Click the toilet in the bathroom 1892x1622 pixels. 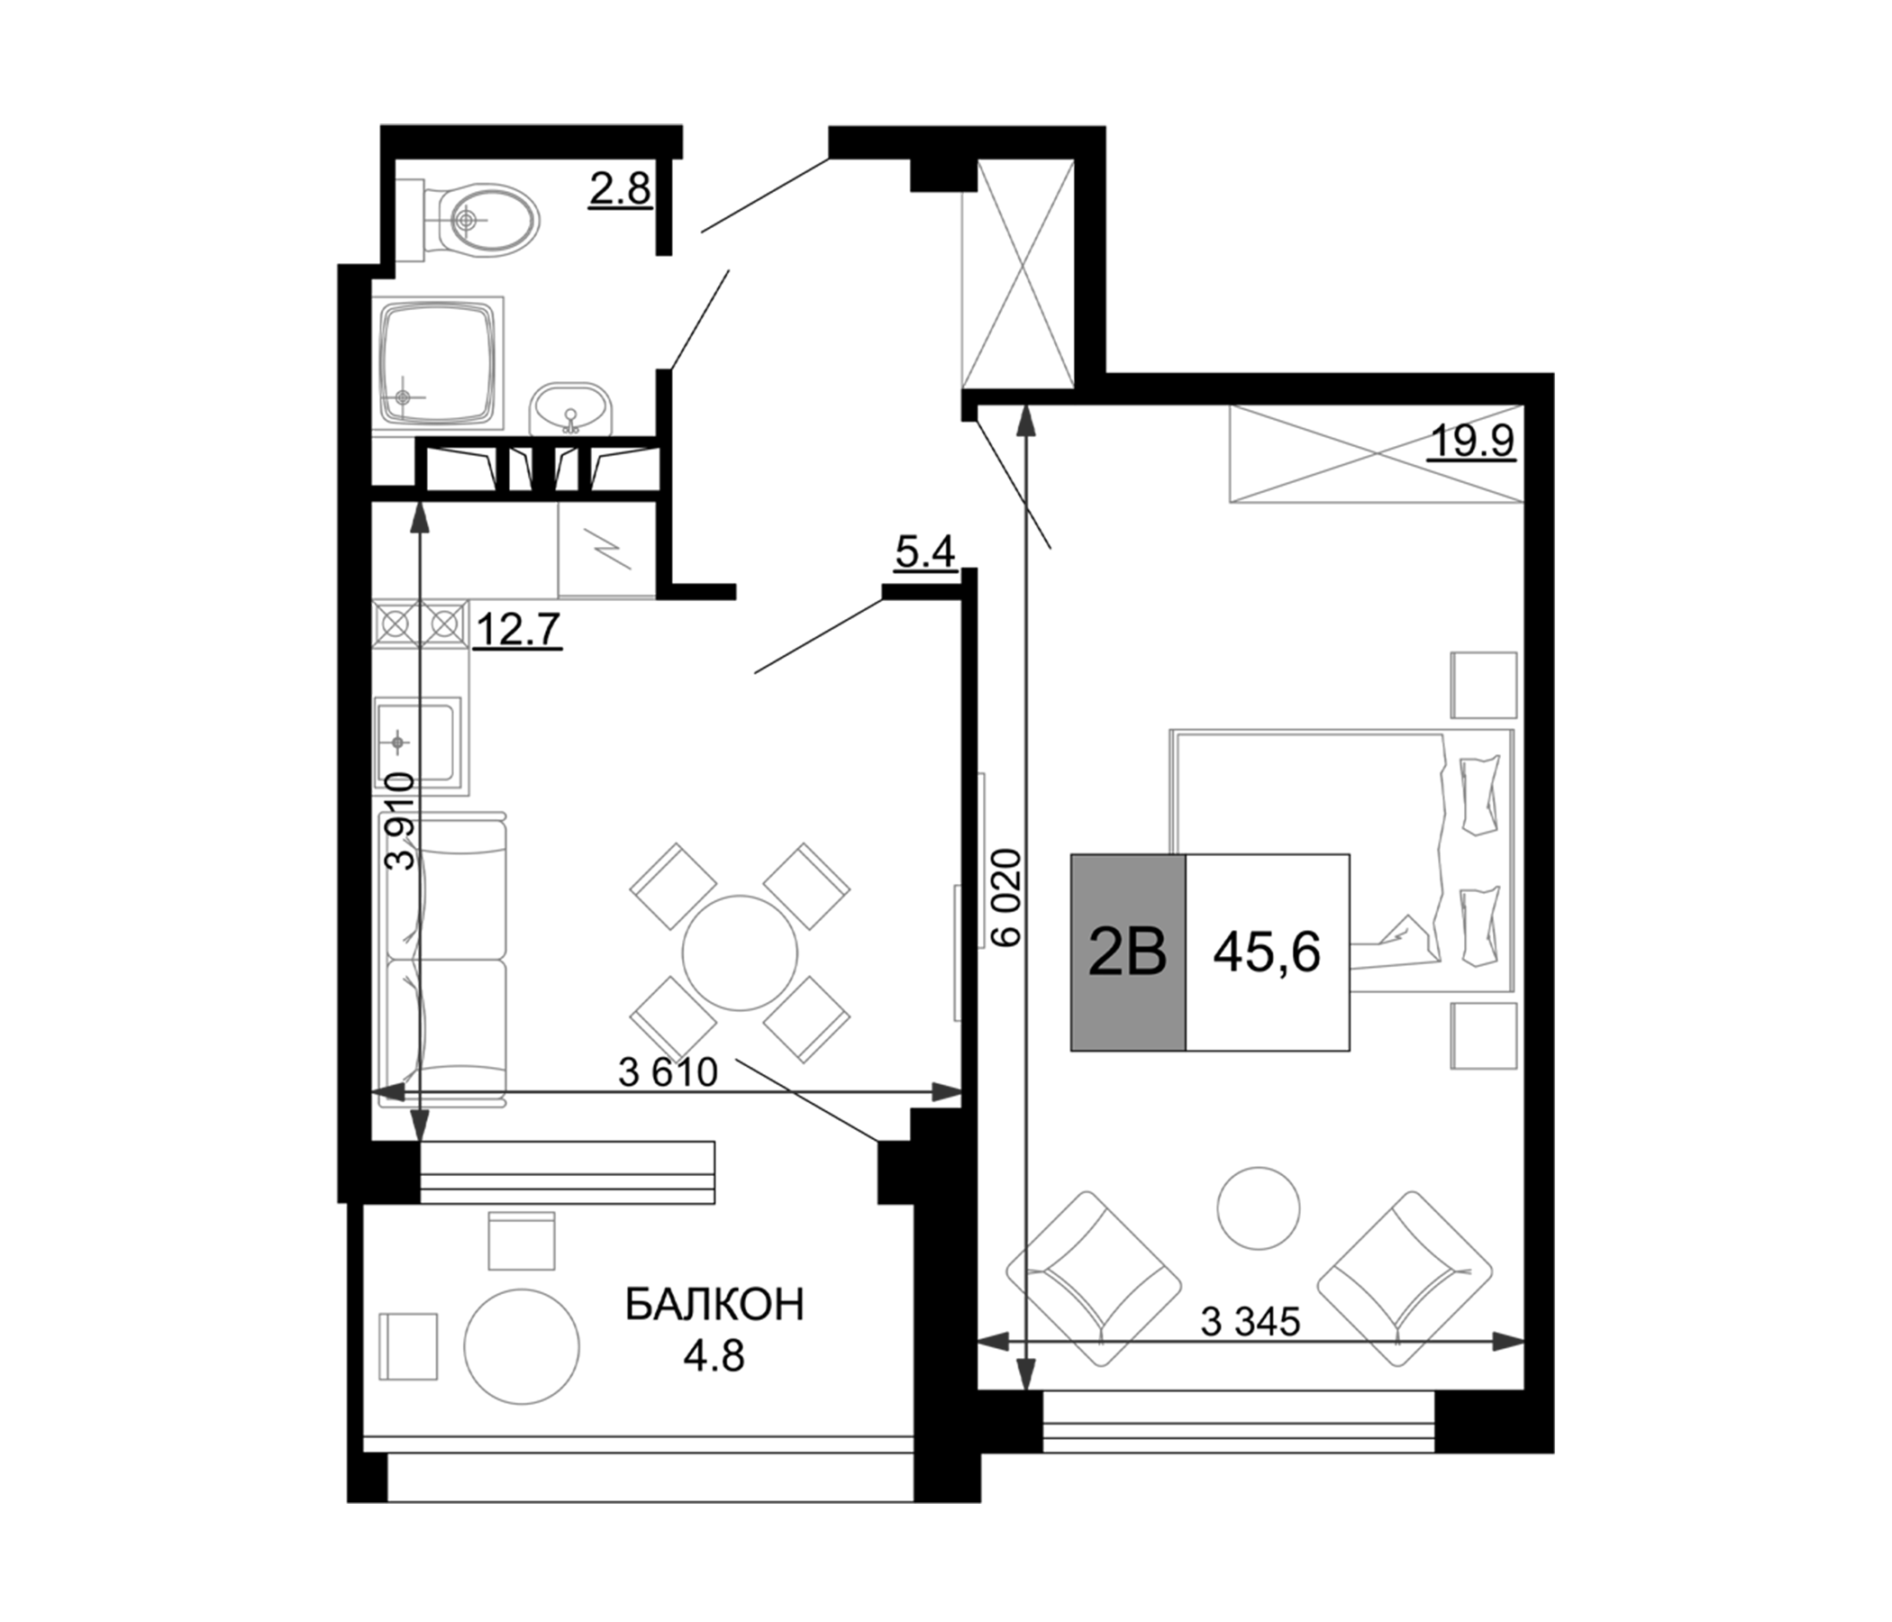pyautogui.click(x=484, y=219)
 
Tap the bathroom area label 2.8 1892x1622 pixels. pyautogui.click(x=620, y=189)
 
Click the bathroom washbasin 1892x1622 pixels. pyautogui.click(x=571, y=408)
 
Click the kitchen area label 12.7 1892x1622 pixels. pyautogui.click(x=518, y=629)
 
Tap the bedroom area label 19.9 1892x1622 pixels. pyautogui.click(x=1471, y=442)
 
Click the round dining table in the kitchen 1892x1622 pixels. pyautogui.click(x=740, y=953)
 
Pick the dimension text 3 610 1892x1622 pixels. pyautogui.click(x=669, y=1072)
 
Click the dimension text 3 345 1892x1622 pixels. pyautogui.click(x=1251, y=1322)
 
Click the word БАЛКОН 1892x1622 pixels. pyautogui.click(x=714, y=1305)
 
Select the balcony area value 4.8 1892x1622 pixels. pyautogui.click(x=714, y=1357)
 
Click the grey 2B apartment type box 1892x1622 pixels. pyautogui.click(x=1128, y=952)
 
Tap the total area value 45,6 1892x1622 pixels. pyautogui.click(x=1267, y=953)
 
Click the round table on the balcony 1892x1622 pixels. pyautogui.click(x=522, y=1345)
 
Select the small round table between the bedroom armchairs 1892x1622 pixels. pyautogui.click(x=1259, y=1208)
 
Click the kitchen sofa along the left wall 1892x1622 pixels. pyautogui.click(x=444, y=959)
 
